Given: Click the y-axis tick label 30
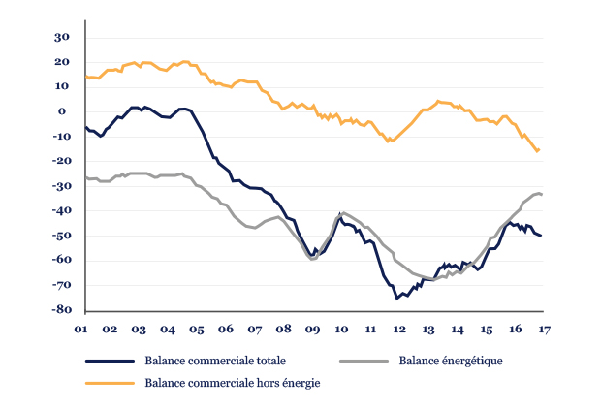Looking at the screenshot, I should (62, 37).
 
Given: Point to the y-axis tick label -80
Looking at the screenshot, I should (60, 310).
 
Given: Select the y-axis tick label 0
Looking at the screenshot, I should (66, 111).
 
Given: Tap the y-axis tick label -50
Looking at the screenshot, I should (60, 236).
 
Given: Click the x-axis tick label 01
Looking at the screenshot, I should (85, 330).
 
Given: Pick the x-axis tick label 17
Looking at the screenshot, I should (543, 330).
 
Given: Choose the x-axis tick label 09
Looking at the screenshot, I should (312, 330).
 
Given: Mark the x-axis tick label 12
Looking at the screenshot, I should (398, 330).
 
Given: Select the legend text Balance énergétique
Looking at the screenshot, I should (450, 361).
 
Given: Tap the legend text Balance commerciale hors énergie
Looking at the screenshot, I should (232, 383).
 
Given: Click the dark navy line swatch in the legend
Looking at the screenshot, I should (110, 361).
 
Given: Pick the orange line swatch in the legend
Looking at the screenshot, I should (110, 383).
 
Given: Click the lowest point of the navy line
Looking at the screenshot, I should (397, 299).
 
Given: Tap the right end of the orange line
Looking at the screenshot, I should (539, 150).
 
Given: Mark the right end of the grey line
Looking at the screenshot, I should (541, 195).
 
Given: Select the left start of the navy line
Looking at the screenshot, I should (85, 127).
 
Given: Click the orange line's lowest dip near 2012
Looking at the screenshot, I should (389, 142).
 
